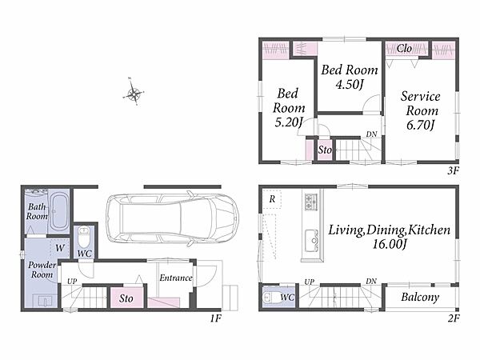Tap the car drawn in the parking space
172,218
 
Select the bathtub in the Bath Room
58,211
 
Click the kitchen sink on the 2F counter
312,241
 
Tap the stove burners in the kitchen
311,201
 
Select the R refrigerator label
272,199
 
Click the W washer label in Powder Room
60,248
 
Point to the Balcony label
420,297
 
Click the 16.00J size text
390,244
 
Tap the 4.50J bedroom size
350,84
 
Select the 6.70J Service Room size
421,125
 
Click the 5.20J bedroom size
289,122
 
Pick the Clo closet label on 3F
404,48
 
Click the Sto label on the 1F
126,298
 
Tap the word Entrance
176,278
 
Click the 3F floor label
454,170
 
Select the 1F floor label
215,318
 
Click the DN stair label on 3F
371,134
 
